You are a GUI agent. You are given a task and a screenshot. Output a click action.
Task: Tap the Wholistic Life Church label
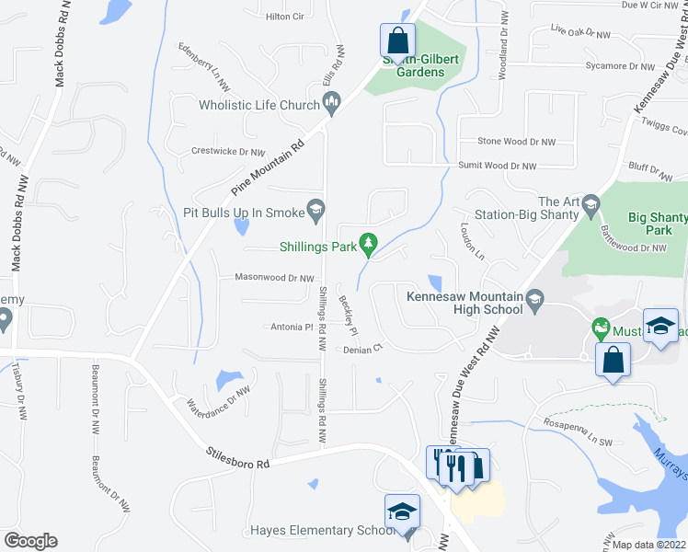click(x=259, y=105)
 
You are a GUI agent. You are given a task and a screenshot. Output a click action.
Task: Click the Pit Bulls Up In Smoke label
click(x=245, y=213)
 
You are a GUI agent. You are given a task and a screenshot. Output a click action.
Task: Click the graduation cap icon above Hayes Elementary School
click(x=402, y=512)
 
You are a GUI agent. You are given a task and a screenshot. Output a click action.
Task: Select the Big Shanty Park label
click(x=658, y=224)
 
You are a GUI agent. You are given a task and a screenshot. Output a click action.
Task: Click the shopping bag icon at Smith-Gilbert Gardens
click(x=396, y=40)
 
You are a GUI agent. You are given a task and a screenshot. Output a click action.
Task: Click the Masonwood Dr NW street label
click(x=275, y=278)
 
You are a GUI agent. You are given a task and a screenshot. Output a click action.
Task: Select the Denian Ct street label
click(x=362, y=350)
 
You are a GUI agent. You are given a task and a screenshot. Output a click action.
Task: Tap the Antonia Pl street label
click(x=292, y=327)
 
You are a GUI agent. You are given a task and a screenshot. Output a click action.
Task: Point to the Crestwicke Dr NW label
click(x=227, y=151)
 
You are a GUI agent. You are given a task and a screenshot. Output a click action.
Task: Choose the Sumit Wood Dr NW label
click(x=498, y=167)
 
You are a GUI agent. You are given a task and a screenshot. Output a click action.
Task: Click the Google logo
click(x=30, y=541)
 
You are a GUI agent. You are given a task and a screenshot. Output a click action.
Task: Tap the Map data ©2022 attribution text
click(x=648, y=545)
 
